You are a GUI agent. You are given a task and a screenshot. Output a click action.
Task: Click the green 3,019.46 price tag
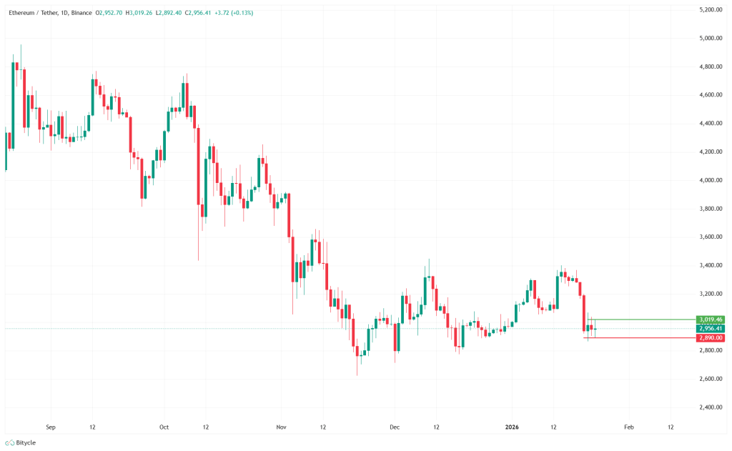point(711,319)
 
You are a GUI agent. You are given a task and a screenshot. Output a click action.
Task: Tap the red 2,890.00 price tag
point(711,337)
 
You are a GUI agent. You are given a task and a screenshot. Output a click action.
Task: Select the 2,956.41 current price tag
point(711,328)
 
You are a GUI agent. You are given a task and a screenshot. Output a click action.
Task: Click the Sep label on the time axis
point(50,427)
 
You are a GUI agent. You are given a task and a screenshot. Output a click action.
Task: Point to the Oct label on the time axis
point(164,427)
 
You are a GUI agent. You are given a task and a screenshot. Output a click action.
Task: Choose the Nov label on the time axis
point(281,427)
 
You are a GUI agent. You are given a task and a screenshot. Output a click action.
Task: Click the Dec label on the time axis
point(394,427)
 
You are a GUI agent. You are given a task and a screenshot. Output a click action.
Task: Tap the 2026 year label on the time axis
point(511,427)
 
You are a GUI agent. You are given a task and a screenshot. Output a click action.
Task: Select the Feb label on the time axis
point(628,427)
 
